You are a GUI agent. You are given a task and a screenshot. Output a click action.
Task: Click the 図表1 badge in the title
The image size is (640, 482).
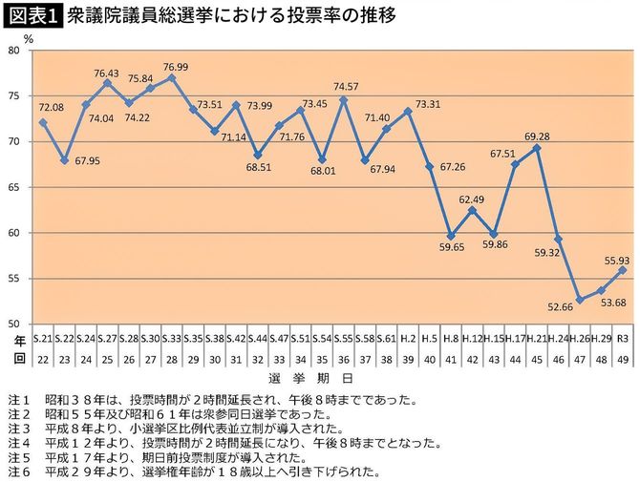click(31, 16)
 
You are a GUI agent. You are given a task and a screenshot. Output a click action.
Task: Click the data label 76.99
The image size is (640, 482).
click(175, 66)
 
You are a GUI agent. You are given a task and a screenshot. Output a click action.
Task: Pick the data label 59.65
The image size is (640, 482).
click(453, 246)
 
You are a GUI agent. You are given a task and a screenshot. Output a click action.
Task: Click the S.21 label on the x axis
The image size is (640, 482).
click(42, 339)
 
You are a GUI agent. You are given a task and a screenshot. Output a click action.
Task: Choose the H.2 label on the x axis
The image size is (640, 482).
click(407, 339)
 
